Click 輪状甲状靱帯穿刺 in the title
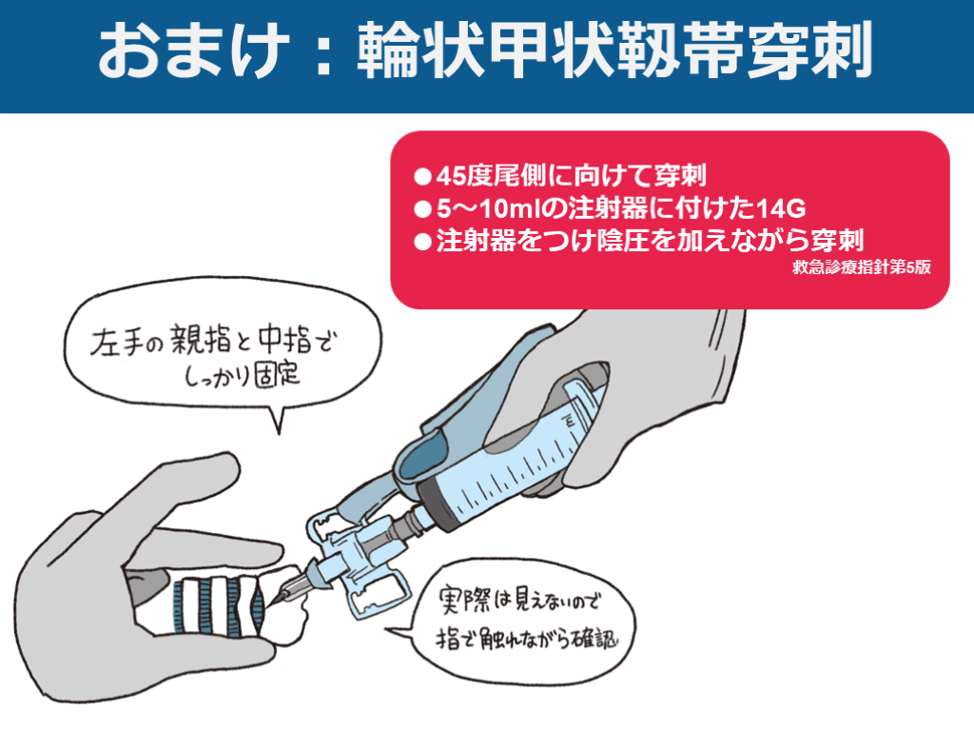click(614, 53)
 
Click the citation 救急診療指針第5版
click(860, 267)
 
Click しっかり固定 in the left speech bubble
click(242, 374)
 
